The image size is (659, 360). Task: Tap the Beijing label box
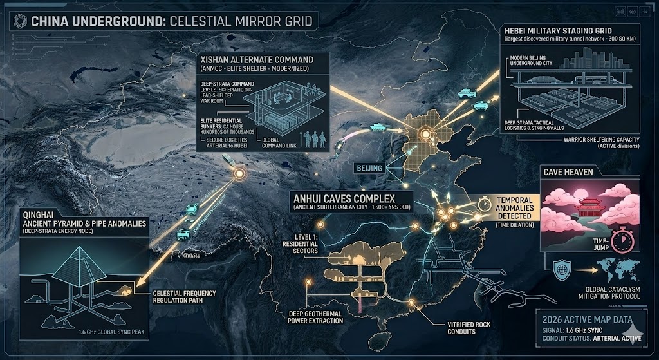[369, 168]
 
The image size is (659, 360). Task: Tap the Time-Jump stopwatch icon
[621, 243]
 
